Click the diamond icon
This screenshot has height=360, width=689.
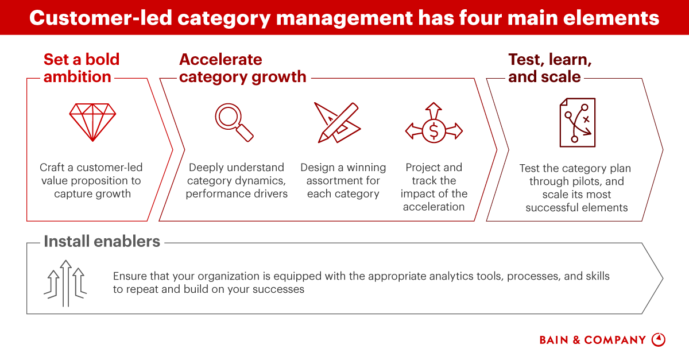click(92, 122)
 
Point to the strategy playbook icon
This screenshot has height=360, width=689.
click(577, 122)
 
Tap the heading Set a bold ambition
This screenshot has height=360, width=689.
click(81, 68)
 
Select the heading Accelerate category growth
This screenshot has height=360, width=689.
click(242, 68)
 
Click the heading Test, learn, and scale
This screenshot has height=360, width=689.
click(549, 68)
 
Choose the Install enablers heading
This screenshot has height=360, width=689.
click(102, 241)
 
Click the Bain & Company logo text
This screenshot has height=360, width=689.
click(593, 340)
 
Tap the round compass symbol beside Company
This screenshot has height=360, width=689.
click(659, 339)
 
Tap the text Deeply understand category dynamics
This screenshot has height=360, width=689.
click(236, 180)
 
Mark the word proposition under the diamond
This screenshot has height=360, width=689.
click(106, 180)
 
